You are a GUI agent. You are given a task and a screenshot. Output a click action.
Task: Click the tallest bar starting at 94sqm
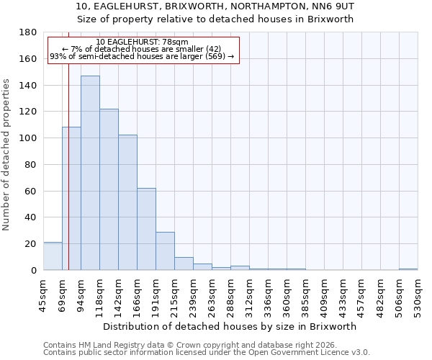(90, 173)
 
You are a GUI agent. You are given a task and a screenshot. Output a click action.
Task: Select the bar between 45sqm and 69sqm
(53, 256)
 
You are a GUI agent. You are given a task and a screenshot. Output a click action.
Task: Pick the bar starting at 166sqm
(146, 229)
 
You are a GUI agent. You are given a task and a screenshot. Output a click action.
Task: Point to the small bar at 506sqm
(408, 269)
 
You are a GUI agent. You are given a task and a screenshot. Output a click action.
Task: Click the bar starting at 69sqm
(71, 199)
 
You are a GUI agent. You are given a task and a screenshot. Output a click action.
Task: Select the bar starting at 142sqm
(127, 202)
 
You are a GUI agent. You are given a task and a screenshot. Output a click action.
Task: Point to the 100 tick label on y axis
(28, 138)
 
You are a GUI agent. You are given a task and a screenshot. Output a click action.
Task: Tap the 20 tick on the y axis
(31, 244)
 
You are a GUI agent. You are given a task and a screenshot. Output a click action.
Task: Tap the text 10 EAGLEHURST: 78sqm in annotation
(142, 42)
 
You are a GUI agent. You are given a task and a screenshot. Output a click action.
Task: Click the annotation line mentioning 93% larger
(142, 56)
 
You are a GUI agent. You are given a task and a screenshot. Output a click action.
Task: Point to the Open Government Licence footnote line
(207, 352)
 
